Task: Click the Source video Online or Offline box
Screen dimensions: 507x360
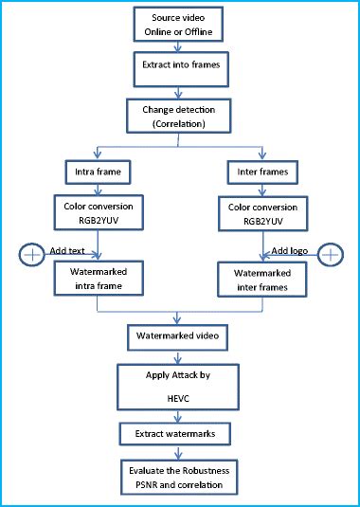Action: (178, 26)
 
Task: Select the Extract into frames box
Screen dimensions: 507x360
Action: (178, 68)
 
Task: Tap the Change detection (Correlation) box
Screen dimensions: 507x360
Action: (178, 116)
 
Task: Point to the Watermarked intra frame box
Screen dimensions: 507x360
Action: (97, 279)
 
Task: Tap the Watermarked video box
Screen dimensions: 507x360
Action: (178, 335)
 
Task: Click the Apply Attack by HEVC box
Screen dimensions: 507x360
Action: (178, 388)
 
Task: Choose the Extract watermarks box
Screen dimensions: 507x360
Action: (178, 433)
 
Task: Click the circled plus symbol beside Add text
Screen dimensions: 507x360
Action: (31, 253)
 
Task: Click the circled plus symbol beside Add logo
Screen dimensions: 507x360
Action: (330, 253)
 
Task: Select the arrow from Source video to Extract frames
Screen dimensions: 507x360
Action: (178, 46)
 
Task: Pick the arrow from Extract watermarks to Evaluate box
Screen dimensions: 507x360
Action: (178, 452)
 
